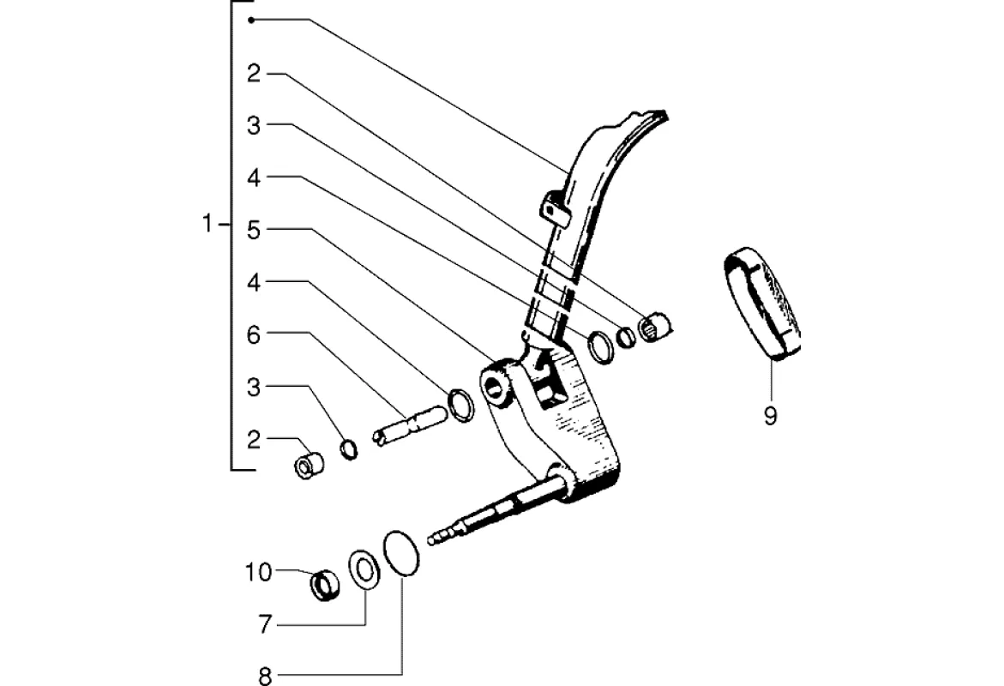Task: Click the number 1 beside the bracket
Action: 206,224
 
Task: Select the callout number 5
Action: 254,230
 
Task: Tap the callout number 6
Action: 254,334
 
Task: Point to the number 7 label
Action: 265,624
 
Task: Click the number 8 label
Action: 265,675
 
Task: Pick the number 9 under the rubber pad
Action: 770,416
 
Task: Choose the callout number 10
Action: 258,572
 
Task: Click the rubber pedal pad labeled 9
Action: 762,300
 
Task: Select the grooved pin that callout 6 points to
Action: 409,424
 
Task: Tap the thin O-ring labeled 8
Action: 401,553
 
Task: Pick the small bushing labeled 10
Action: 325,586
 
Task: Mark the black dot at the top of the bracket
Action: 251,21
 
